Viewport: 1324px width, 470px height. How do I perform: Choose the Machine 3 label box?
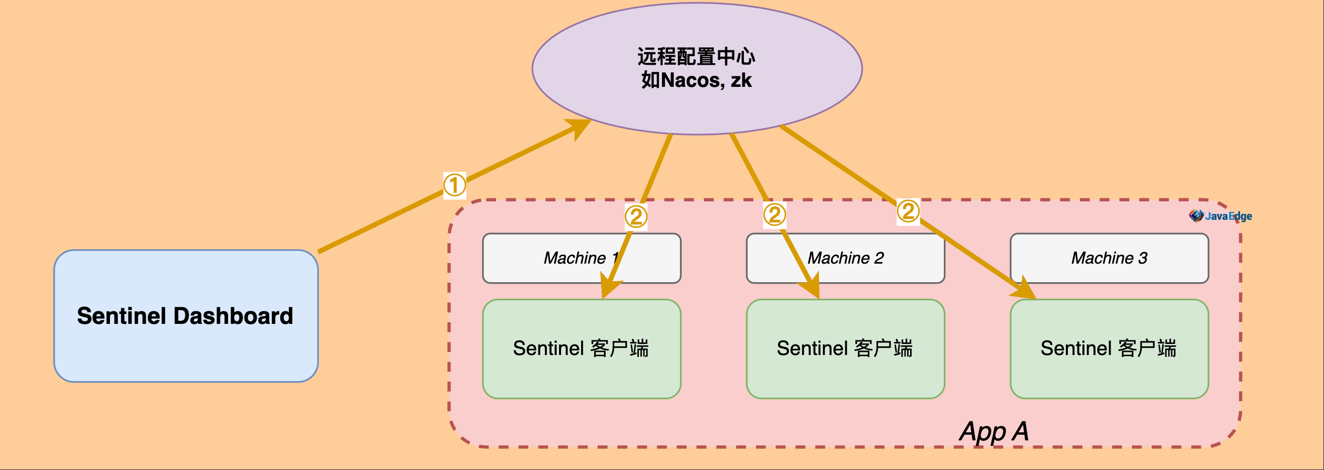click(x=1109, y=258)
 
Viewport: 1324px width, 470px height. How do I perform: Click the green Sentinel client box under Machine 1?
click(x=581, y=349)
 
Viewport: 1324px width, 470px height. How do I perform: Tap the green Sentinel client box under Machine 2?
click(x=845, y=349)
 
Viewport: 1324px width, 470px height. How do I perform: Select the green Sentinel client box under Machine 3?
click(x=1109, y=349)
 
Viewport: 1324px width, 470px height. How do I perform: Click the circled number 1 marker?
click(x=455, y=185)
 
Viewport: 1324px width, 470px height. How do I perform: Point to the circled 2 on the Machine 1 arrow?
click(x=636, y=216)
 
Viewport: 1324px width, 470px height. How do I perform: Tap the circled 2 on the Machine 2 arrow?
click(x=774, y=215)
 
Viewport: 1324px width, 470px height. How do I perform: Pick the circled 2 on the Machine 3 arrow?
click(x=908, y=211)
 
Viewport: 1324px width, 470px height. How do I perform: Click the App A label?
click(x=994, y=431)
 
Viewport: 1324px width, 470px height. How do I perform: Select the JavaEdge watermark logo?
click(x=1220, y=216)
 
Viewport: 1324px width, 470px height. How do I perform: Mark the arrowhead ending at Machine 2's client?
click(x=814, y=288)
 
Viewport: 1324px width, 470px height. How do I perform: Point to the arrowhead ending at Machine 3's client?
click(x=1025, y=291)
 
